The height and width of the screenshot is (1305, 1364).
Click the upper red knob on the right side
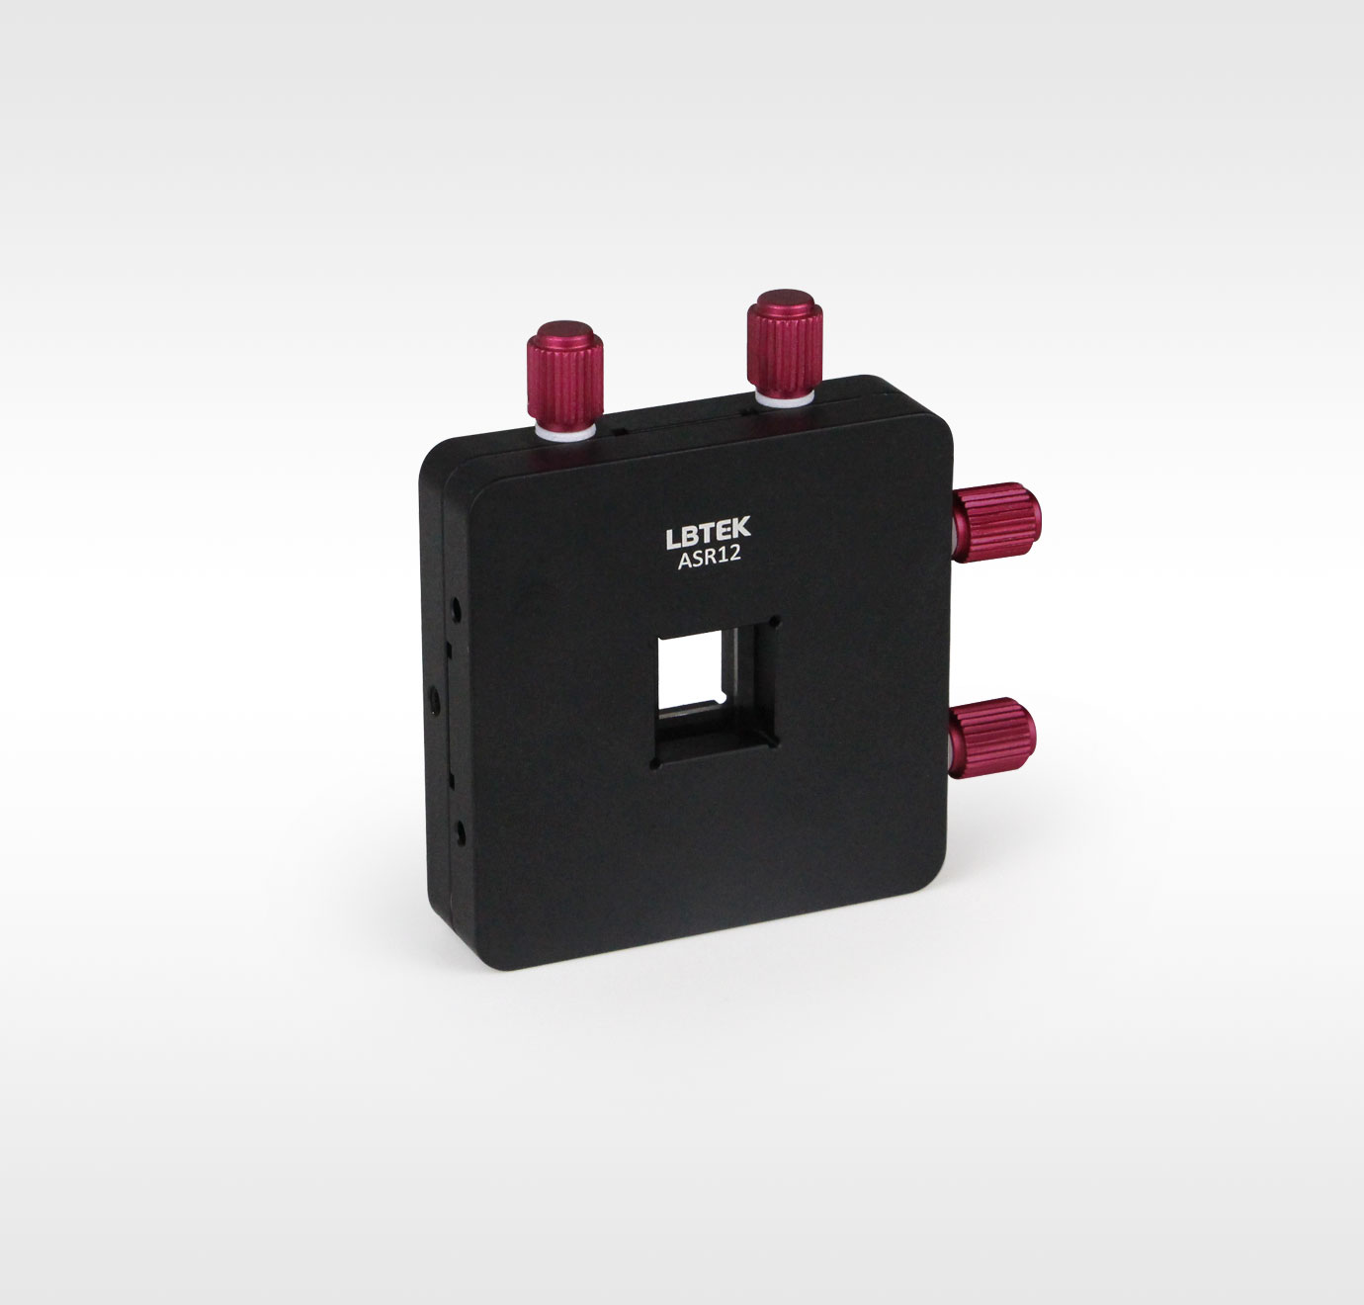[x=996, y=522]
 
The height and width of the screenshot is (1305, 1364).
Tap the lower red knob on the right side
[x=992, y=738]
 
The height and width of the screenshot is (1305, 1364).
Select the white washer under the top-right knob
[x=785, y=398]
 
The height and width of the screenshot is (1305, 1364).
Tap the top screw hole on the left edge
[x=457, y=609]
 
